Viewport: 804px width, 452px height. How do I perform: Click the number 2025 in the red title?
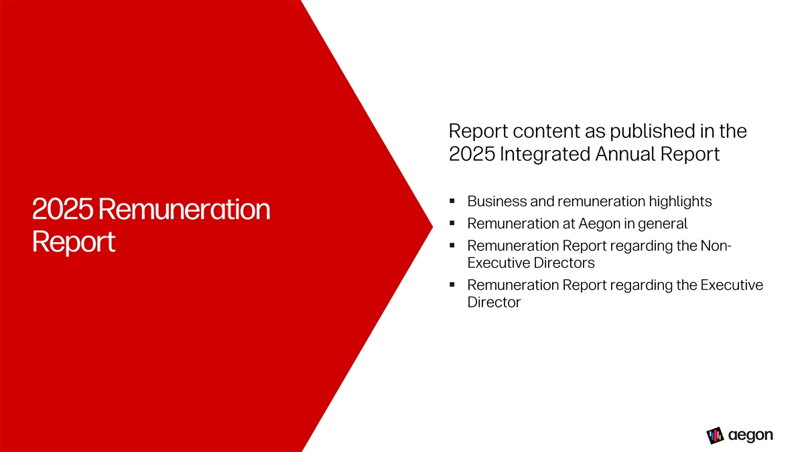pyautogui.click(x=62, y=209)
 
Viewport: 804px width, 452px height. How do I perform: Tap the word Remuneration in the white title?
pyautogui.click(x=184, y=209)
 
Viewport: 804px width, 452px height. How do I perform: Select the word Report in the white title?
pyautogui.click(x=74, y=242)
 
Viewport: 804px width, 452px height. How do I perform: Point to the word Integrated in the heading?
pyautogui.click(x=544, y=154)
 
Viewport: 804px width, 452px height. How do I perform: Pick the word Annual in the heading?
pyautogui.click(x=624, y=154)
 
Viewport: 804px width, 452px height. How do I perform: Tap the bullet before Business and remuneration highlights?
pyautogui.click(x=452, y=201)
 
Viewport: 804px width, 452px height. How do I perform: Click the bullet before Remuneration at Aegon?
pyautogui.click(x=452, y=223)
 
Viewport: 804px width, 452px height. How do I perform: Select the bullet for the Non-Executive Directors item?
pyautogui.click(x=452, y=245)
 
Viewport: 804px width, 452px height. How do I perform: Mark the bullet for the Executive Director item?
pyautogui.click(x=452, y=285)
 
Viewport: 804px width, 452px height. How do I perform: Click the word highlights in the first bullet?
pyautogui.click(x=680, y=202)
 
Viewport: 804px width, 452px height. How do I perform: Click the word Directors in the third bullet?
pyautogui.click(x=564, y=263)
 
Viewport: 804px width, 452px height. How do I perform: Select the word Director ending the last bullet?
pyautogui.click(x=494, y=303)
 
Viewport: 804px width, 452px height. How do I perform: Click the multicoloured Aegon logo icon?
pyautogui.click(x=715, y=435)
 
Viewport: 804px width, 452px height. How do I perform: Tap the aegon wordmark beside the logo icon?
pyautogui.click(x=750, y=435)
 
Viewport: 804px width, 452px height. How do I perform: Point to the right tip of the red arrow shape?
pyautogui.click(x=433, y=226)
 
